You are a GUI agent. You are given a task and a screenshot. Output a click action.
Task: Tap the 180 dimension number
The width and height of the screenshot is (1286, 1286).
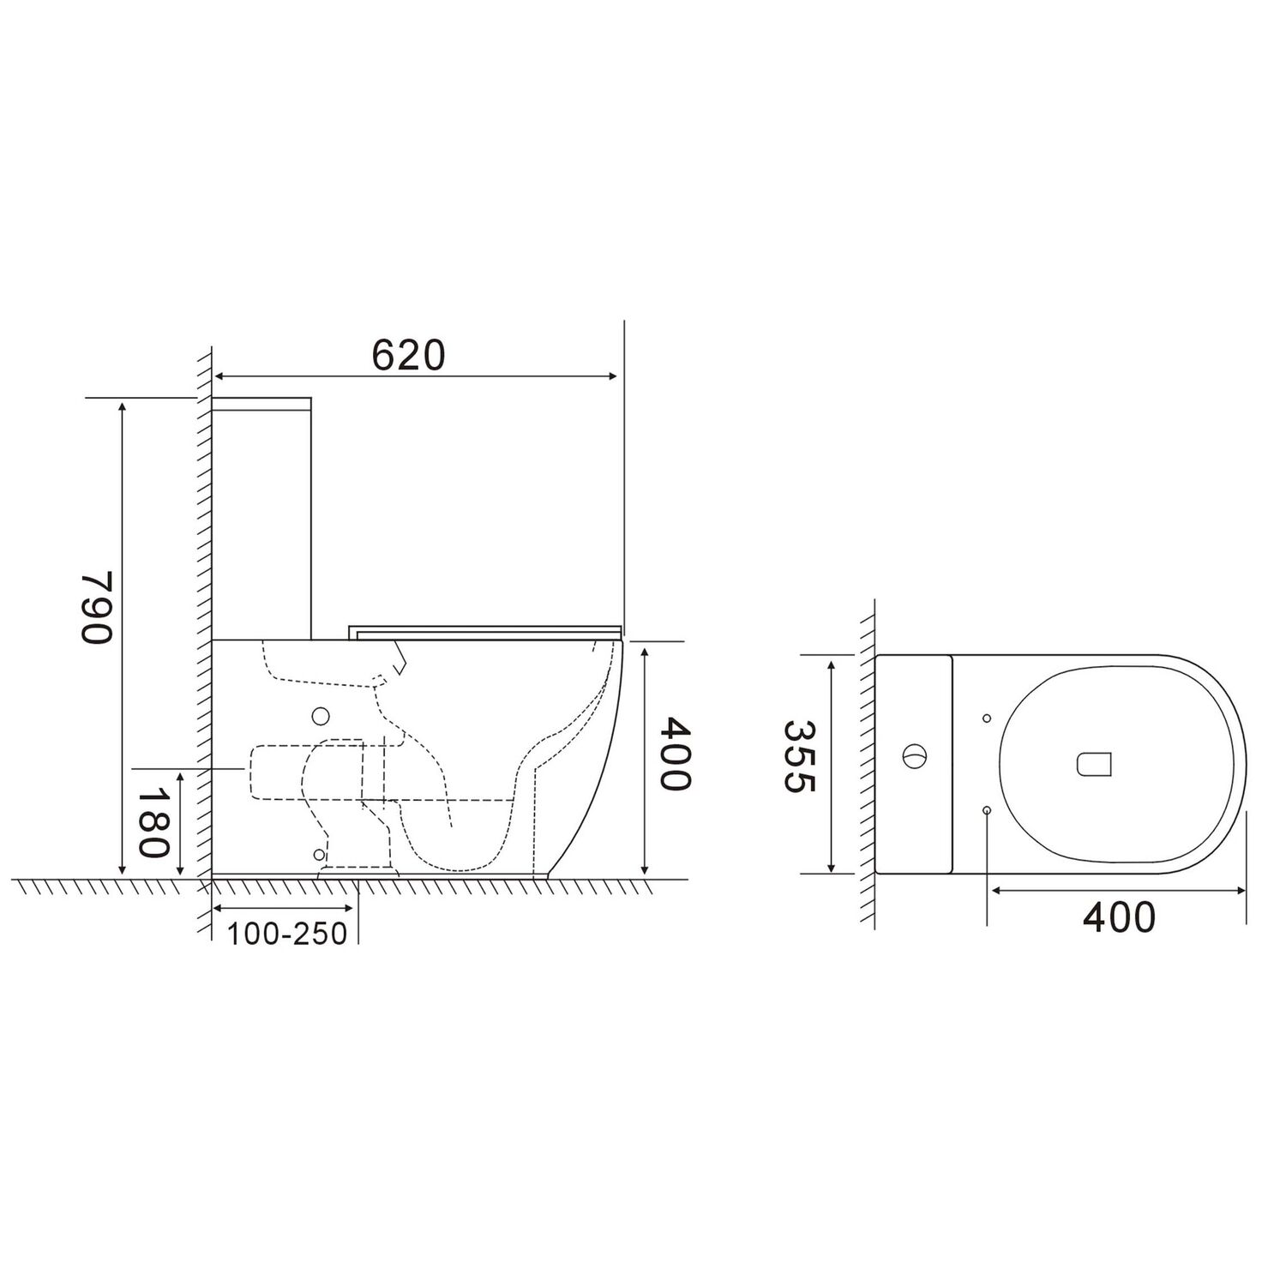155,824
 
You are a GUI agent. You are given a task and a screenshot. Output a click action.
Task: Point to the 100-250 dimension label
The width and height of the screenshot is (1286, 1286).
287,934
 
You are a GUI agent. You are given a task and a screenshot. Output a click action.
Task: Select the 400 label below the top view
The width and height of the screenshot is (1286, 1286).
1119,917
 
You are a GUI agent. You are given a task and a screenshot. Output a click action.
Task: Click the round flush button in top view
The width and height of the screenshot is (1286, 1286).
914,757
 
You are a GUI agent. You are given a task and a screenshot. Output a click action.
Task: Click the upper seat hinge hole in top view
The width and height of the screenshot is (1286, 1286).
986,718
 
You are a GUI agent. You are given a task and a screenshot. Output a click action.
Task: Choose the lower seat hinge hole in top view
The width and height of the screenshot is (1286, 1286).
986,810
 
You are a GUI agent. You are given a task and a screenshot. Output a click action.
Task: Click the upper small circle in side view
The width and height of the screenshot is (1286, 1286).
321,715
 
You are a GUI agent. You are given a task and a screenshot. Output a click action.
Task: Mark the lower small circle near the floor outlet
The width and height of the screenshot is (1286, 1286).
319,854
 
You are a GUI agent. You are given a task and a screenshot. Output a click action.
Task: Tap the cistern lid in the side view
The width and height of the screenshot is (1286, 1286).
261,403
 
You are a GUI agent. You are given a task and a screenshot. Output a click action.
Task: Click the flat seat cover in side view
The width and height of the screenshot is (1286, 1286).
484,632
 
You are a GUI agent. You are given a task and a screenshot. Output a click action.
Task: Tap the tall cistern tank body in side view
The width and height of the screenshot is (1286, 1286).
261,523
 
